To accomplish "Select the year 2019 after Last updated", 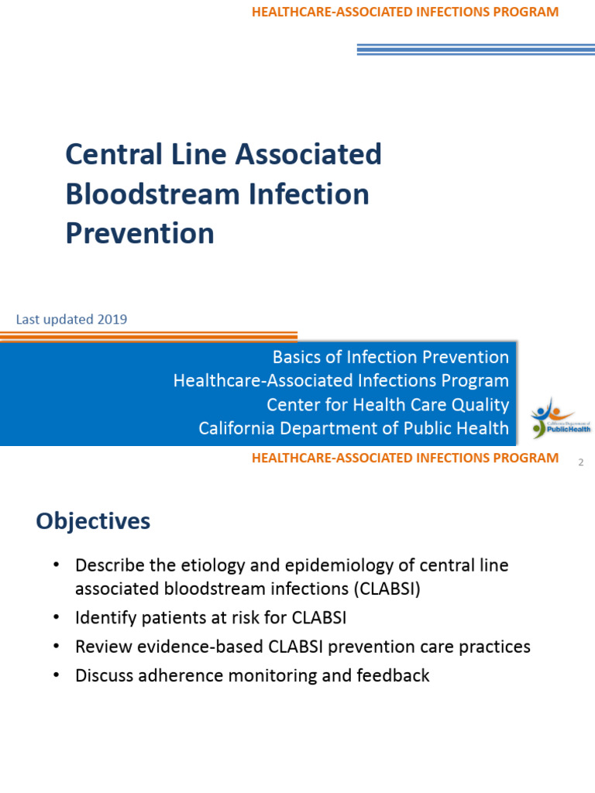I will (112, 319).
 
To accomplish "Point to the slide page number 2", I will (580, 462).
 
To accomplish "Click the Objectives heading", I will (93, 521).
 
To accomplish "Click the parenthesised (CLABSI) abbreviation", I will (388, 588).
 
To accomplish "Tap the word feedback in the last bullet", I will (393, 675).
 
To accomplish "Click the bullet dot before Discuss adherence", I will (57, 675).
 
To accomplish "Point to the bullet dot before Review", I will (57, 647).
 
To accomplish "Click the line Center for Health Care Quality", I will (387, 404).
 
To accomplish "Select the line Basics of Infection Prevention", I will (390, 357).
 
